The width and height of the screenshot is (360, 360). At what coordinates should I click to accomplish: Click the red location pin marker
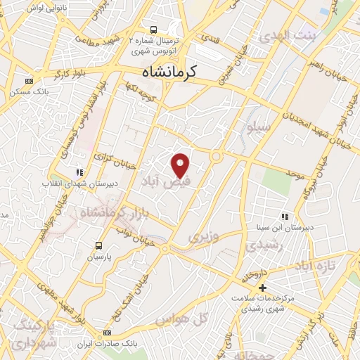pos(181,165)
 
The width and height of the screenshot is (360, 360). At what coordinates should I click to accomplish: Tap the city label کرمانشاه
pos(169,72)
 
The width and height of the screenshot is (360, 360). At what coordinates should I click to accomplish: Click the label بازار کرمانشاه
pos(112,208)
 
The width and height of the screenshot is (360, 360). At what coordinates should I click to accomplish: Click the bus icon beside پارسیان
pos(98,246)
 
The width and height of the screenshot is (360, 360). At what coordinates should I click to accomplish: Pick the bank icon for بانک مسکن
pos(28,81)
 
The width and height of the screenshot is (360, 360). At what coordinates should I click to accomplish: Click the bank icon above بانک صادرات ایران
pos(107,333)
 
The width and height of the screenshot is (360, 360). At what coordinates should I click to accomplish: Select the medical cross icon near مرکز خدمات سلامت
pos(262,288)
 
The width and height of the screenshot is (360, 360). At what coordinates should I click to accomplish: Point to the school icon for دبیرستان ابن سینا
pos(285,217)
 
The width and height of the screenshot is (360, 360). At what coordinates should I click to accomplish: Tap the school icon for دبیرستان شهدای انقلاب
pos(80,172)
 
